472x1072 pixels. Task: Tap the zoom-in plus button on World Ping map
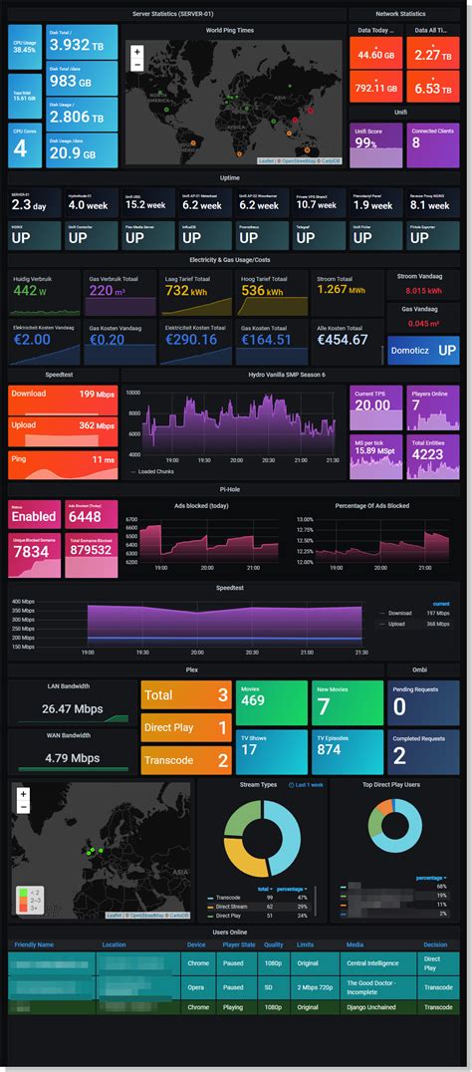(136, 52)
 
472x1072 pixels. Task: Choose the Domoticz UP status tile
(423, 351)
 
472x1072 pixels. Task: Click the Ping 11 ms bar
(62, 459)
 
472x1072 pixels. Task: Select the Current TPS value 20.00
(373, 405)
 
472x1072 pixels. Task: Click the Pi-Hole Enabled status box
(34, 516)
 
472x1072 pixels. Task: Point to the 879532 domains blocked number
(91, 551)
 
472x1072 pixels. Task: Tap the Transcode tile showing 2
(186, 760)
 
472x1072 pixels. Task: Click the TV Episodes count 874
(330, 750)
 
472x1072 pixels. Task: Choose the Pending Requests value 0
(399, 707)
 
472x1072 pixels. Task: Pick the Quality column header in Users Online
(272, 944)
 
